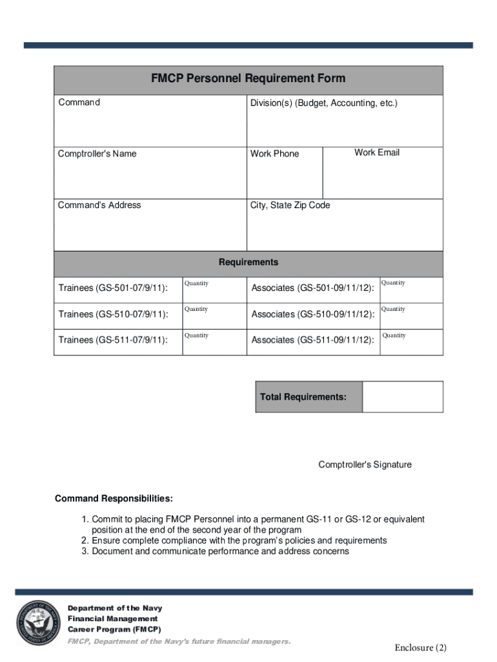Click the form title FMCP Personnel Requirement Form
[249, 79]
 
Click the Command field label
[79, 102]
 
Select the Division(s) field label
[324, 103]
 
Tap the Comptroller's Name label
[97, 154]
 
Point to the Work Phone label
[274, 154]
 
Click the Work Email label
[377, 153]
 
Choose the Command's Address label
[99, 205]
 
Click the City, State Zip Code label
[290, 205]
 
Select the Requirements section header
[249, 262]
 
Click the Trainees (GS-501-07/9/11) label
[113, 288]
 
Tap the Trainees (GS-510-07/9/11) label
[113, 314]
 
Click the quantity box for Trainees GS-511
[214, 343]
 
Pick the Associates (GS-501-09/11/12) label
[312, 288]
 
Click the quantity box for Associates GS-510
[411, 317]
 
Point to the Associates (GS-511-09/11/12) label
[312, 340]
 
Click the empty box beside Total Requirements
[402, 396]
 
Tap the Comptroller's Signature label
[365, 465]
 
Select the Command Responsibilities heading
[114, 498]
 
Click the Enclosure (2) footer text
[421, 648]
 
